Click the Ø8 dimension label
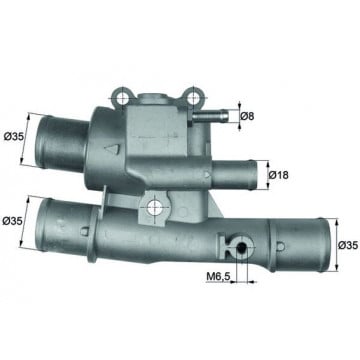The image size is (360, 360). click(247, 116)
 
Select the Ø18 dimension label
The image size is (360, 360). click(278, 175)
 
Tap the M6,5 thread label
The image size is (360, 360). click(219, 276)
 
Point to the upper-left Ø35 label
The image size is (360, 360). click(14, 136)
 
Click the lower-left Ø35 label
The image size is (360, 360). click(12, 221)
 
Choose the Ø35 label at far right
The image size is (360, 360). click(348, 245)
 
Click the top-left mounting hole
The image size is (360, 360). click(123, 97)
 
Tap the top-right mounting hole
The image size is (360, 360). click(192, 97)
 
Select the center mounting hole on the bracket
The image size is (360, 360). click(155, 208)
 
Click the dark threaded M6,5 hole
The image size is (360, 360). click(241, 248)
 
